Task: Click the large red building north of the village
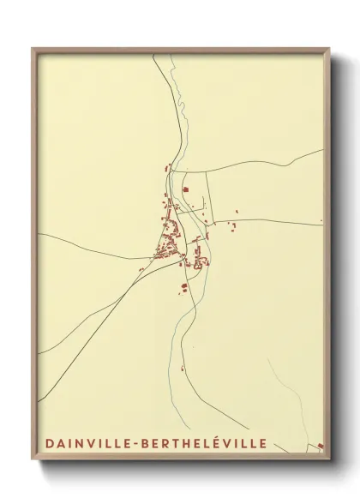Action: click(x=185, y=190)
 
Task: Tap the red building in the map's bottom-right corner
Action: click(x=320, y=445)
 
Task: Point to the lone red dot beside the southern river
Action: click(x=182, y=369)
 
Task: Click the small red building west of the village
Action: click(x=141, y=270)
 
